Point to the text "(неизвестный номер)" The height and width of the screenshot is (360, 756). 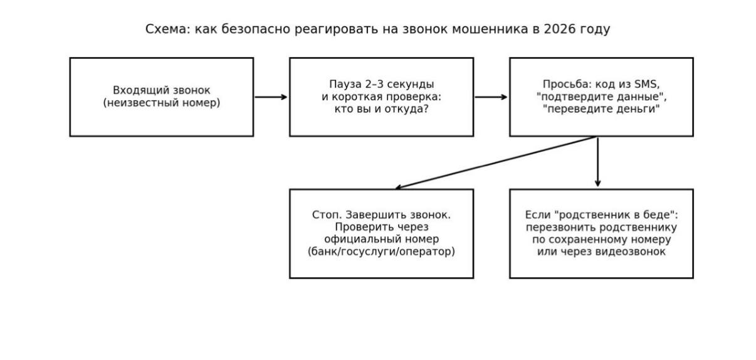tap(162, 103)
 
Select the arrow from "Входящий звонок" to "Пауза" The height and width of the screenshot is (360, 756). tap(271, 97)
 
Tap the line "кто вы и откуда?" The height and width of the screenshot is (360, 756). tap(381, 109)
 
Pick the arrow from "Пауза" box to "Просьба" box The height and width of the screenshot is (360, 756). tap(491, 97)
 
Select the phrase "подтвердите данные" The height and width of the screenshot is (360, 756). tap(601, 97)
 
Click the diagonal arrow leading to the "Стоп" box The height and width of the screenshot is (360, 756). tap(495, 162)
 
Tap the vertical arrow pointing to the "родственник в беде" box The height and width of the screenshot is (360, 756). tap(597, 162)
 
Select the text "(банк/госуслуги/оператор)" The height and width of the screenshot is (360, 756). tap(381, 252)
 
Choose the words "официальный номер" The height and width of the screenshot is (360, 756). tap(381, 240)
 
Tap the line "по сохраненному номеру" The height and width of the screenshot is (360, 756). tap(601, 240)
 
